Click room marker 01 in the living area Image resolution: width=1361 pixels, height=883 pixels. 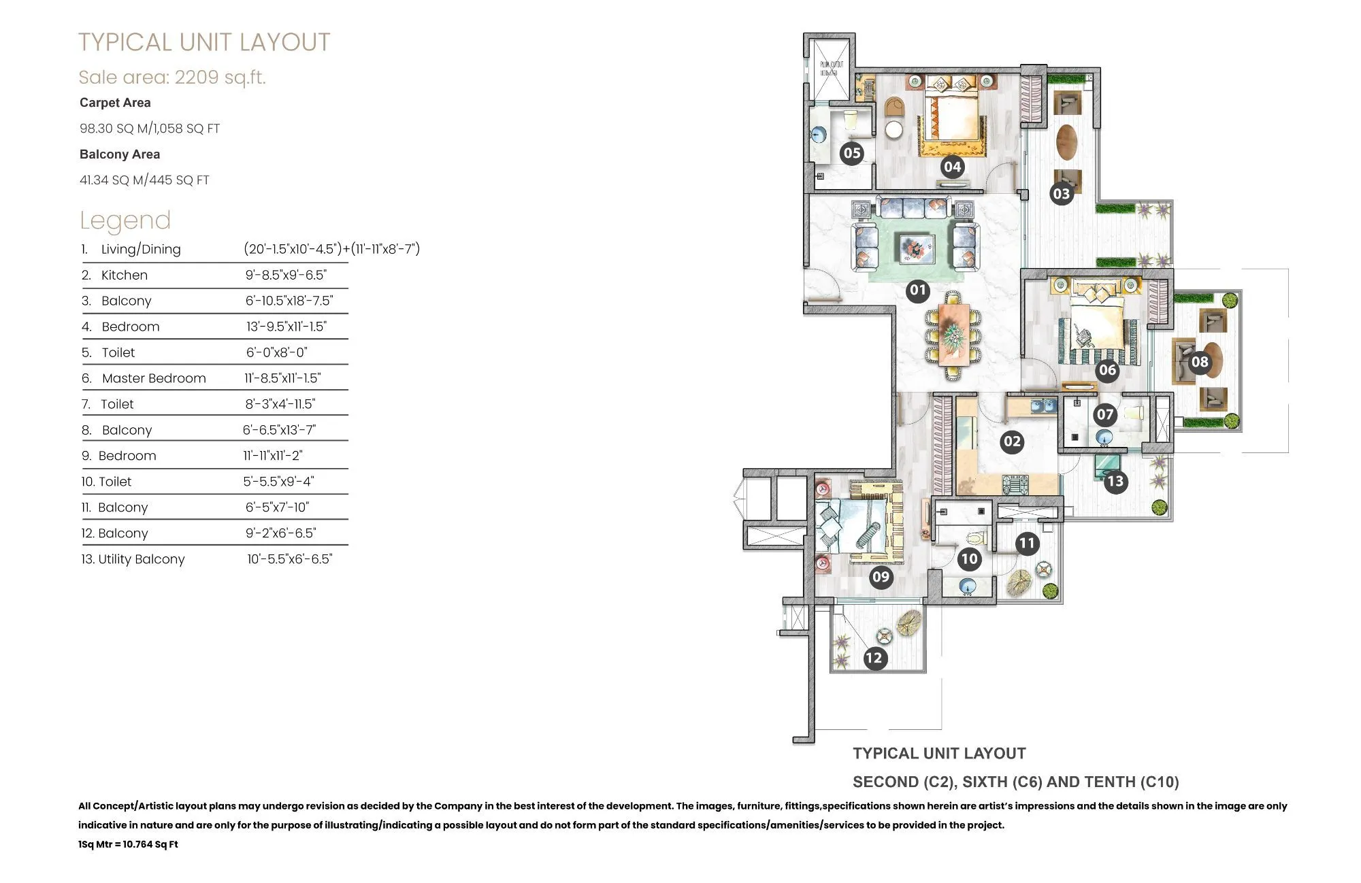click(918, 290)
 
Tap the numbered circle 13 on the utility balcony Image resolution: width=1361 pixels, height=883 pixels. click(1115, 482)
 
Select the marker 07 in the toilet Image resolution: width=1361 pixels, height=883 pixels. click(1104, 414)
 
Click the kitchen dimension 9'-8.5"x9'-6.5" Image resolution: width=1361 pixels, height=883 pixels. click(286, 275)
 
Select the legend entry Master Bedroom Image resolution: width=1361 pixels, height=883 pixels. click(154, 378)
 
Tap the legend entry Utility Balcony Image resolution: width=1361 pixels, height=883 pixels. click(142, 559)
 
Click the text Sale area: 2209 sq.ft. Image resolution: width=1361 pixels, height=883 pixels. click(172, 77)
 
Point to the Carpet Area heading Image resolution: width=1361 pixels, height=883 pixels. click(115, 103)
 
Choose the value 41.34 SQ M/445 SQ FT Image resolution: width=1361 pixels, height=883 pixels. click(144, 180)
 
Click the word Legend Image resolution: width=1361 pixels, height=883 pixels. click(125, 220)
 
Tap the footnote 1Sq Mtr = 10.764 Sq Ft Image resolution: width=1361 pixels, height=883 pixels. click(128, 844)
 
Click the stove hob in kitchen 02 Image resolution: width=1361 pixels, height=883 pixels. click(1015, 485)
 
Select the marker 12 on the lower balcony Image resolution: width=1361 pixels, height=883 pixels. click(874, 658)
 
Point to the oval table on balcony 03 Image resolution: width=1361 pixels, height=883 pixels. click(1066, 142)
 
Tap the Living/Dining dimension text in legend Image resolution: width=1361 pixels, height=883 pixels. click(331, 249)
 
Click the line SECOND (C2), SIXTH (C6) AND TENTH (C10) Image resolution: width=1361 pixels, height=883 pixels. click(1015, 782)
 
